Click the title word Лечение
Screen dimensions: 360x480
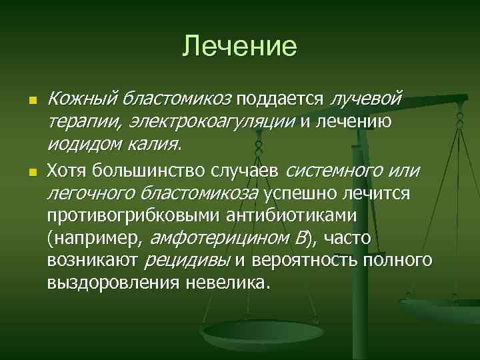239,46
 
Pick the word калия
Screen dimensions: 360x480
155,144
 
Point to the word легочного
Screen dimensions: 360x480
91,194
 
